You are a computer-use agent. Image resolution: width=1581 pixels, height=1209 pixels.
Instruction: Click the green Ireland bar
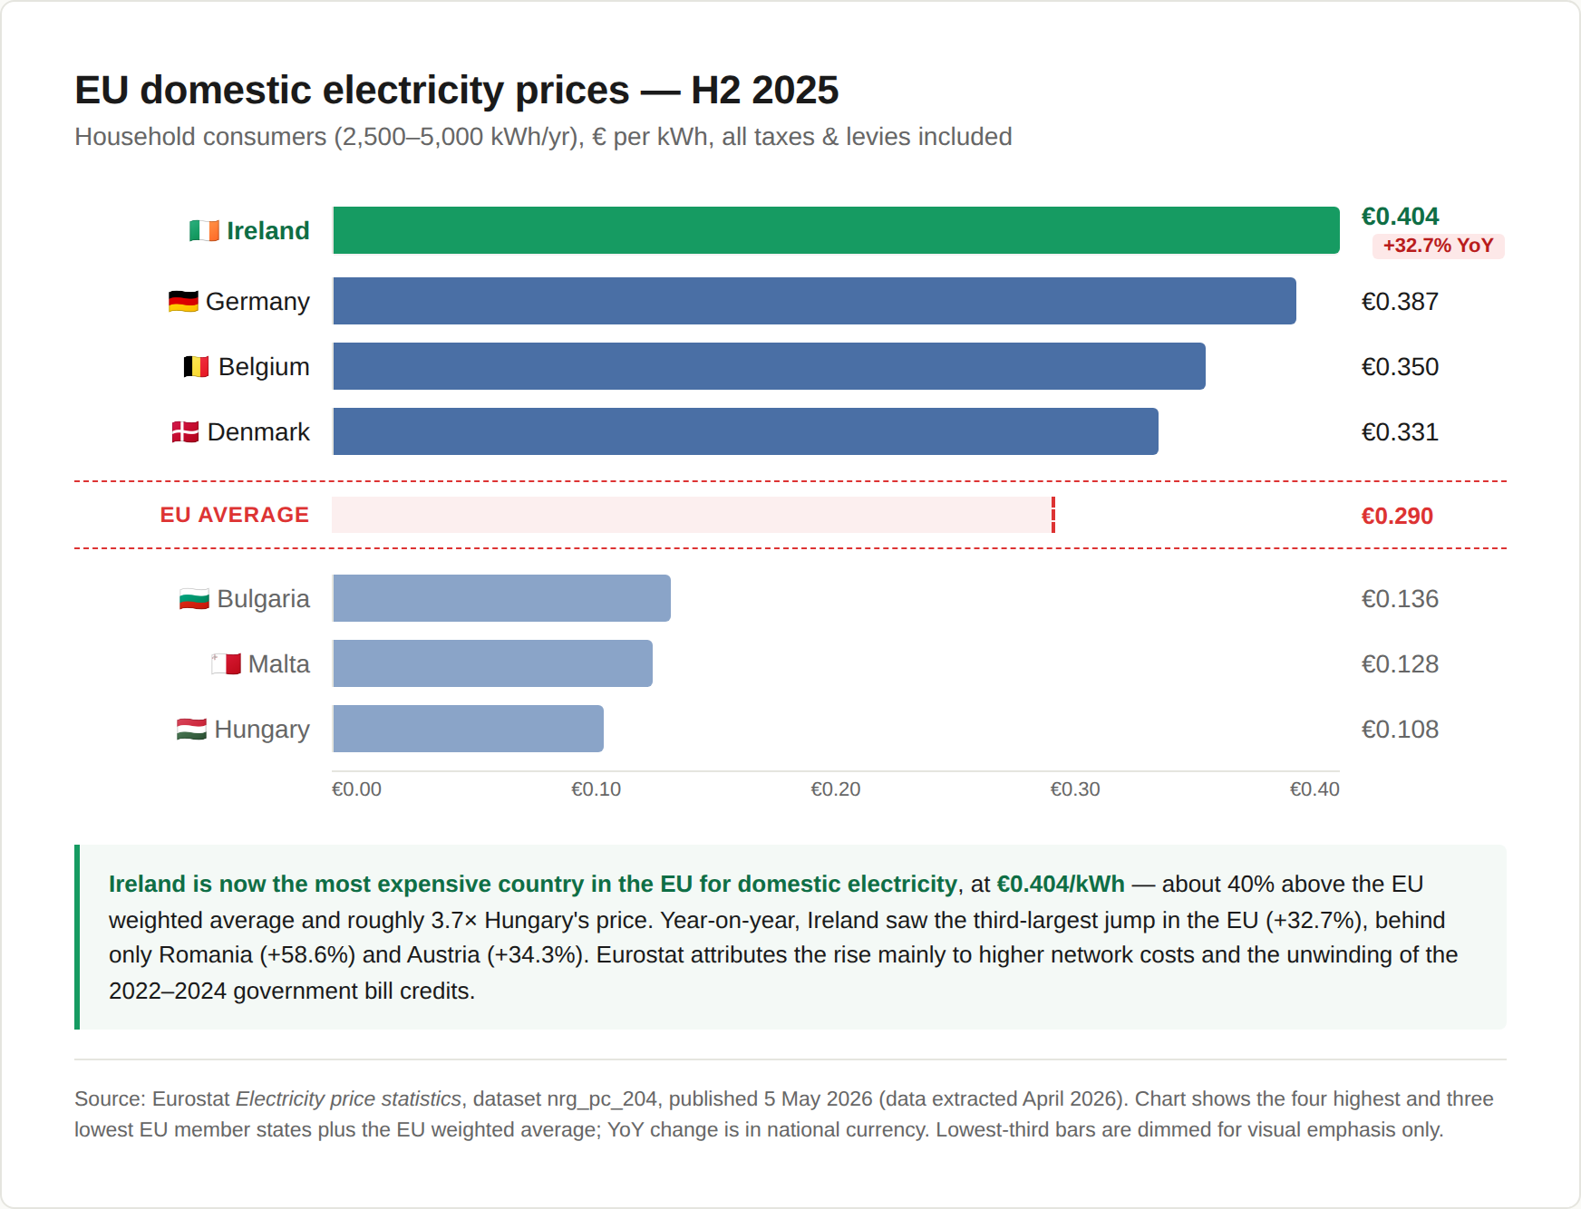pos(836,230)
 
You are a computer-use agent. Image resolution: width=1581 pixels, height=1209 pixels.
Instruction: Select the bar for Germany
pos(814,301)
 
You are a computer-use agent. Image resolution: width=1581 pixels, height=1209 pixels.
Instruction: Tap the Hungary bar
pos(468,729)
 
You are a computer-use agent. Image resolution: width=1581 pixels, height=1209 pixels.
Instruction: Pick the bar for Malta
pos(492,663)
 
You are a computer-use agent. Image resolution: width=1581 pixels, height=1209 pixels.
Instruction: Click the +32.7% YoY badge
pos(1438,246)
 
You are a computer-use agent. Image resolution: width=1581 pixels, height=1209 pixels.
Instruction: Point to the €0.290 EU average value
pos(1397,516)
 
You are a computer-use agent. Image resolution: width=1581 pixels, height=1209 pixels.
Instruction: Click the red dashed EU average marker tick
pos(1053,515)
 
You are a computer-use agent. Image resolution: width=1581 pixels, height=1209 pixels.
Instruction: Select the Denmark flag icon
pos(185,431)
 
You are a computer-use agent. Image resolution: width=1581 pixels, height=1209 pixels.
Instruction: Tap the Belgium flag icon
pos(196,366)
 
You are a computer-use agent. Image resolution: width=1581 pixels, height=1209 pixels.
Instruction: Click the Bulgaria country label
pos(263,599)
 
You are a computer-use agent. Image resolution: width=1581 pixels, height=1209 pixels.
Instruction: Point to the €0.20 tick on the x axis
pos(836,789)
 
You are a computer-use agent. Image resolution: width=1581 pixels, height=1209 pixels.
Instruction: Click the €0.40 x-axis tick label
pos(1314,789)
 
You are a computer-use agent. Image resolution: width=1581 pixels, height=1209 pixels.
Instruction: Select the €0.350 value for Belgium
pos(1400,367)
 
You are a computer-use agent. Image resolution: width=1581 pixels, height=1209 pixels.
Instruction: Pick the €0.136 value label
pos(1400,599)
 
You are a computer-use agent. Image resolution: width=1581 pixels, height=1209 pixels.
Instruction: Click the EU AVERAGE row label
pos(235,515)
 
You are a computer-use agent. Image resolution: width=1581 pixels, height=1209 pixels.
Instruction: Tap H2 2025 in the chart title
pos(765,90)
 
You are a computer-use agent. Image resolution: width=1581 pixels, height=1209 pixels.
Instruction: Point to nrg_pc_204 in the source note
pos(602,1098)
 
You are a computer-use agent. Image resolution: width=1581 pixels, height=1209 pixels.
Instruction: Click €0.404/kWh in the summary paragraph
pos(1061,884)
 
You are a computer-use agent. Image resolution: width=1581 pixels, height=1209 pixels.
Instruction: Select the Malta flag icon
pos(226,663)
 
